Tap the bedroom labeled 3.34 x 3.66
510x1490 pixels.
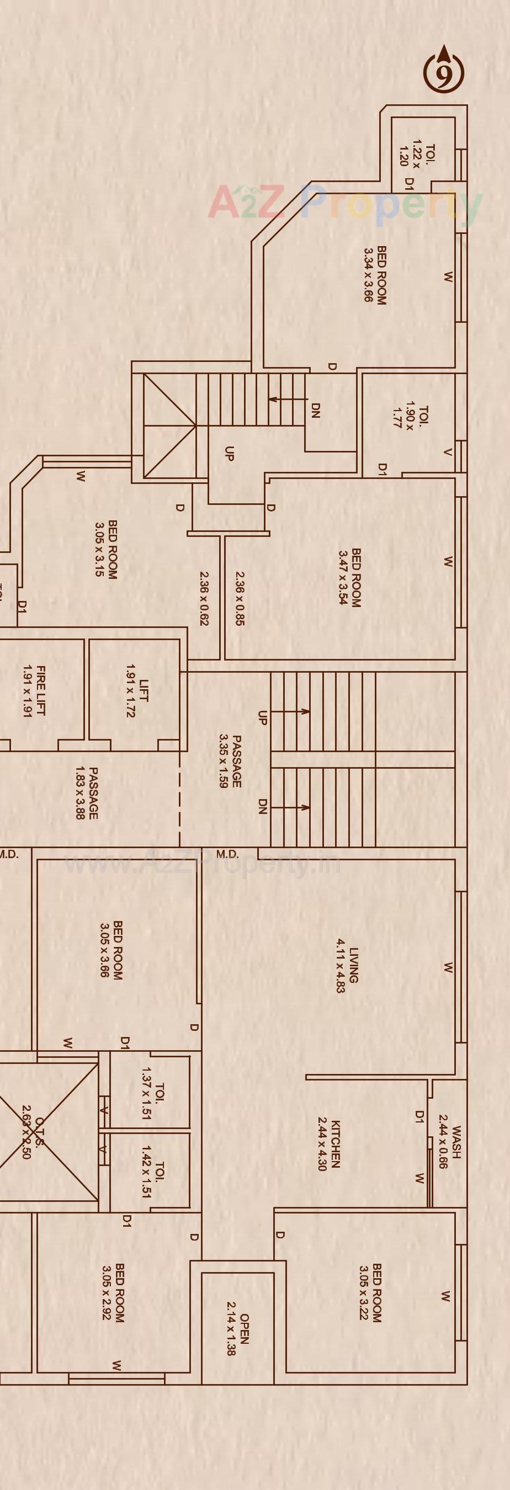374,275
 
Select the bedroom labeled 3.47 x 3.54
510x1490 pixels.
349,577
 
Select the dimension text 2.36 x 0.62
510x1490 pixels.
204,599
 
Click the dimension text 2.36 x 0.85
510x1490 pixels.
240,599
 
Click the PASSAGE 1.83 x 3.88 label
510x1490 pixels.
86,793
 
